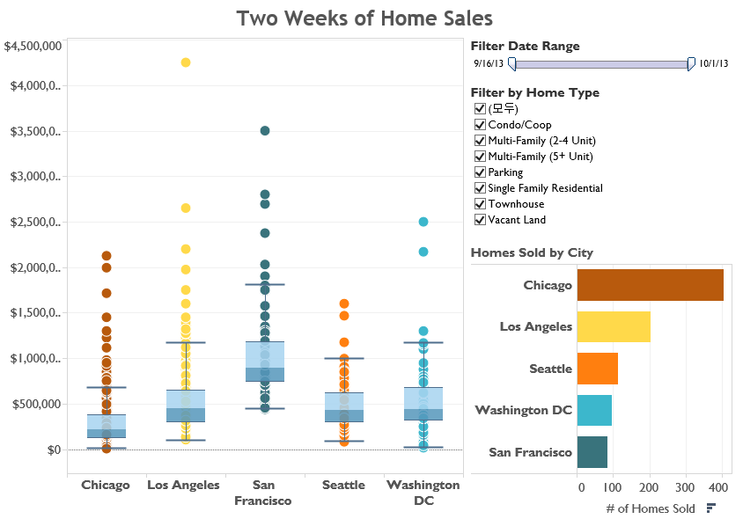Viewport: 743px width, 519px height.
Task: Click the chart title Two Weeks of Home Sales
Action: point(364,18)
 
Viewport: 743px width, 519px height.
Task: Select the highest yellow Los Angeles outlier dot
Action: point(185,62)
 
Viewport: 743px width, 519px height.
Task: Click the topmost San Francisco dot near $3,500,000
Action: point(264,130)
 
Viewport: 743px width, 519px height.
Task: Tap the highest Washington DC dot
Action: point(423,223)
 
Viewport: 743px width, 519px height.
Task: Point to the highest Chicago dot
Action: point(106,256)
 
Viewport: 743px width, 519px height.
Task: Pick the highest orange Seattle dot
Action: point(344,303)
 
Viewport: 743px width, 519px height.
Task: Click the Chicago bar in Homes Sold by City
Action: point(650,285)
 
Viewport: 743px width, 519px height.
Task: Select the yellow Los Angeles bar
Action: point(614,326)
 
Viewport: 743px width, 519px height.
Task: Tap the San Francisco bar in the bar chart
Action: point(592,452)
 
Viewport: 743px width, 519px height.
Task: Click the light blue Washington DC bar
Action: point(594,410)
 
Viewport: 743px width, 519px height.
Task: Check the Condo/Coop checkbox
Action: point(480,125)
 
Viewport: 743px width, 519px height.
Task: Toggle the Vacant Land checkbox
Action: point(480,220)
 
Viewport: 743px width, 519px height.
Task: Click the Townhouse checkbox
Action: point(480,204)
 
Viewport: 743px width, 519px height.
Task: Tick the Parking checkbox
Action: point(480,172)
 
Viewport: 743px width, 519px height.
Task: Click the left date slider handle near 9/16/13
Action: point(511,63)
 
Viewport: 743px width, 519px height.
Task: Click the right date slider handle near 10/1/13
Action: point(691,63)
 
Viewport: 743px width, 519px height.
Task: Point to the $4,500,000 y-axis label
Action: point(33,46)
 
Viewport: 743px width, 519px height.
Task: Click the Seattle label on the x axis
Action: point(343,485)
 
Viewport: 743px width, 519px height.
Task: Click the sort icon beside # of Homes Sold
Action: point(710,508)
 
